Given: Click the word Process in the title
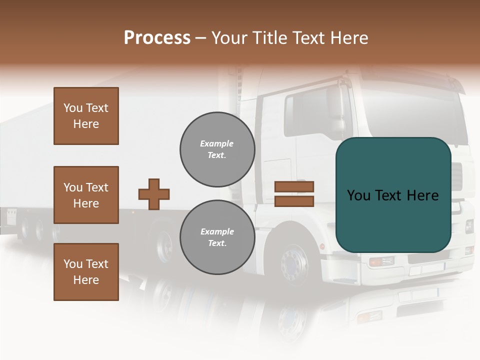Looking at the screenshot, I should [x=157, y=38].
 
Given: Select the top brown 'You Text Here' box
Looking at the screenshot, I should [x=86, y=116].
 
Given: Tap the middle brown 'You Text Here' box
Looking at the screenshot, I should [x=86, y=195].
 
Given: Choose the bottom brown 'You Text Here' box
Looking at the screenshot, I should [x=86, y=272].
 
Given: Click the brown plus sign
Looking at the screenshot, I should [x=153, y=194].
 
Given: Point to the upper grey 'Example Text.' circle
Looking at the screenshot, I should [x=217, y=149].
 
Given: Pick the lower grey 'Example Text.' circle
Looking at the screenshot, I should [x=217, y=237].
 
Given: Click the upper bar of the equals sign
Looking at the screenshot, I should [x=294, y=187].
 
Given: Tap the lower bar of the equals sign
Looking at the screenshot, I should [x=294, y=201].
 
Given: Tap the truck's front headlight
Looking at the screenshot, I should [x=381, y=261].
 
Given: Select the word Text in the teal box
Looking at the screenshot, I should [x=392, y=195].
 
